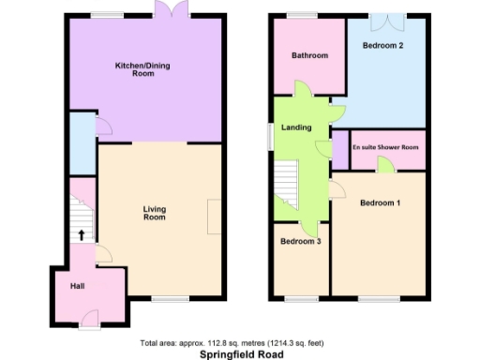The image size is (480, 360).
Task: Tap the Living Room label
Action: coord(155,213)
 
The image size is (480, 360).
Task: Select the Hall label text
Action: coord(78,286)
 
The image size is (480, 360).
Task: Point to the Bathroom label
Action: coord(309,55)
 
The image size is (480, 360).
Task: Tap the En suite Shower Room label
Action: coord(386,148)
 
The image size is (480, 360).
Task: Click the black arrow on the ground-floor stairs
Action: coord(81,235)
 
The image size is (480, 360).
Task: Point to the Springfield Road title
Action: coord(239,354)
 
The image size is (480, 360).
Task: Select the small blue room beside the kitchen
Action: coord(82,143)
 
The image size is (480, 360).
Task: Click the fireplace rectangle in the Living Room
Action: coord(215,217)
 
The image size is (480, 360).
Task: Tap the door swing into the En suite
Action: coord(384,165)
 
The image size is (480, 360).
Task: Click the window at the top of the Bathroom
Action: coord(302,14)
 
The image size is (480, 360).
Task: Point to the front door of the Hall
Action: coord(89,327)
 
